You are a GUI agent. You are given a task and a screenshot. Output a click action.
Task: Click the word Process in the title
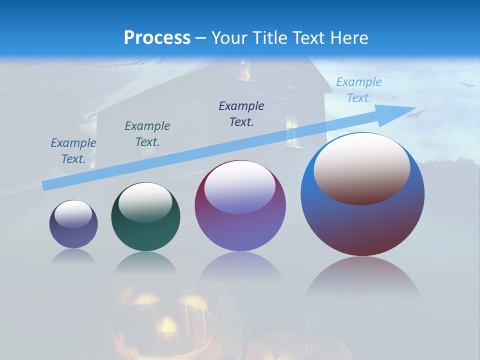157,38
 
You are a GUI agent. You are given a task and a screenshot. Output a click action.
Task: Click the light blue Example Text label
359,90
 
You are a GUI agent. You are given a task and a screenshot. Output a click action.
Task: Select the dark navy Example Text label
241,113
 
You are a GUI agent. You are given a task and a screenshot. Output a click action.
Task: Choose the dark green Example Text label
147,133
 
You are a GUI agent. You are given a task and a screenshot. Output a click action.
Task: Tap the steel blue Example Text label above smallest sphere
73,150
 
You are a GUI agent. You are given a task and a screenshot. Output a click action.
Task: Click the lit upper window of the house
245,70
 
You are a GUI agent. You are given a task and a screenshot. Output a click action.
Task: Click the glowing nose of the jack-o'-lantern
168,326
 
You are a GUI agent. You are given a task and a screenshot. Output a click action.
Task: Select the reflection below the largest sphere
362,277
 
